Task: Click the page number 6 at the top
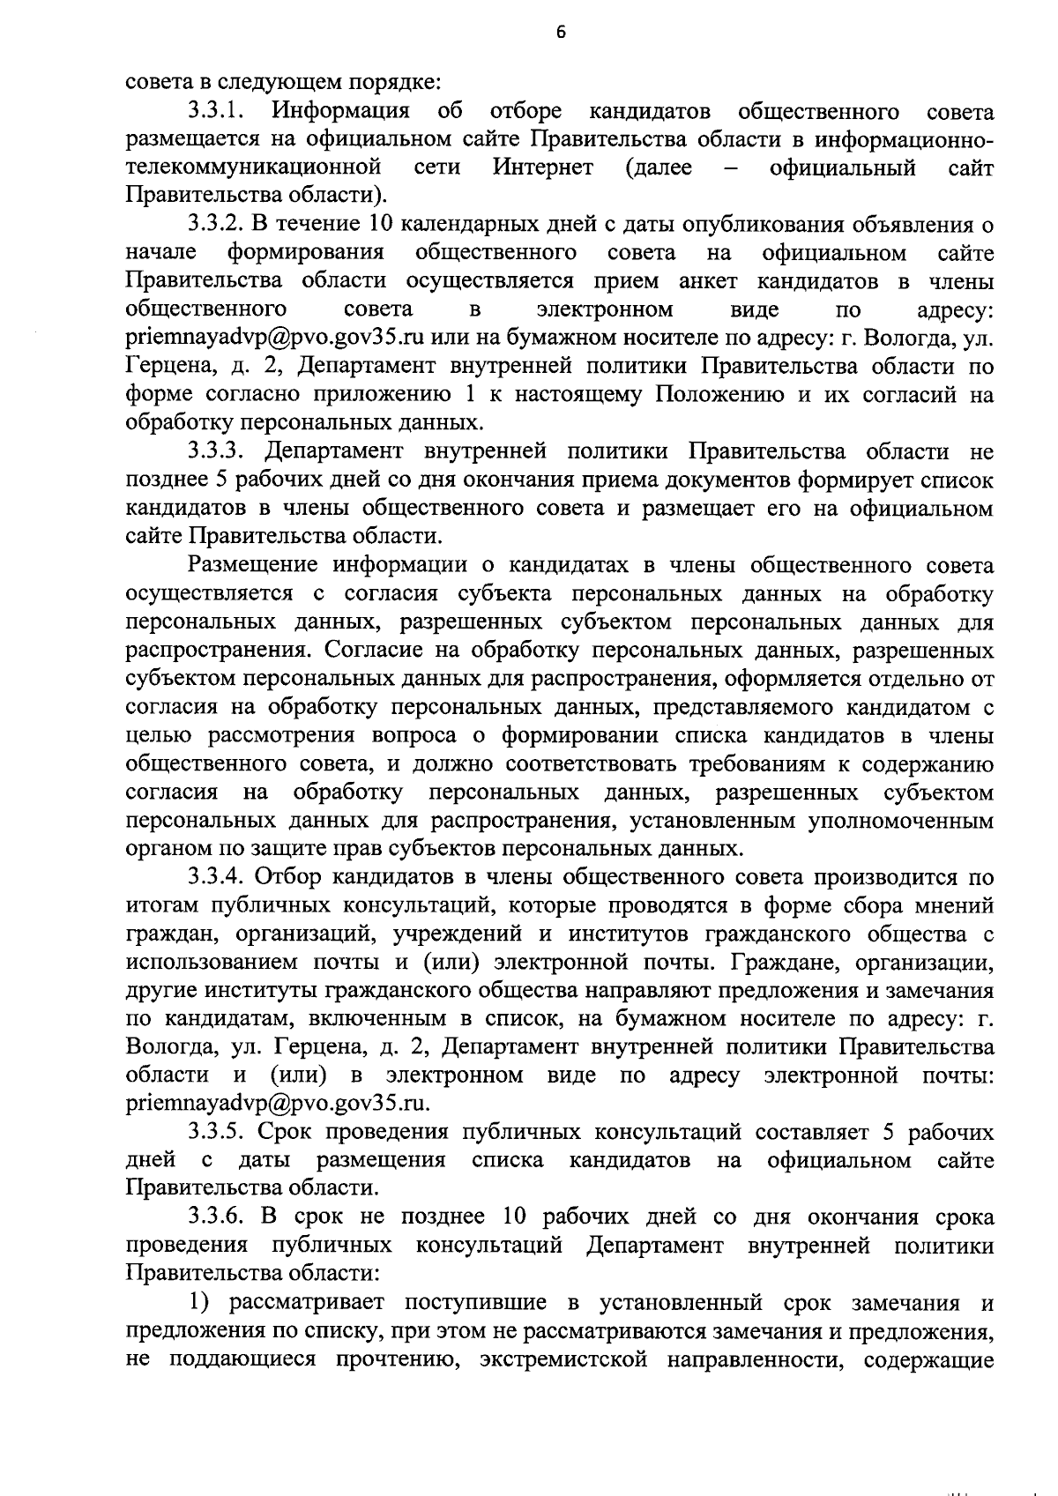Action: tap(561, 33)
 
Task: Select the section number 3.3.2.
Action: tap(215, 225)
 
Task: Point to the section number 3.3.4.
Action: tap(215, 877)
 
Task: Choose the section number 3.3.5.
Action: tap(215, 1132)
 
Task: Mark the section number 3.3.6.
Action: tap(215, 1217)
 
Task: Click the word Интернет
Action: tap(543, 167)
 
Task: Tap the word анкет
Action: tap(708, 281)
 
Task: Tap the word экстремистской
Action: tap(565, 1359)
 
